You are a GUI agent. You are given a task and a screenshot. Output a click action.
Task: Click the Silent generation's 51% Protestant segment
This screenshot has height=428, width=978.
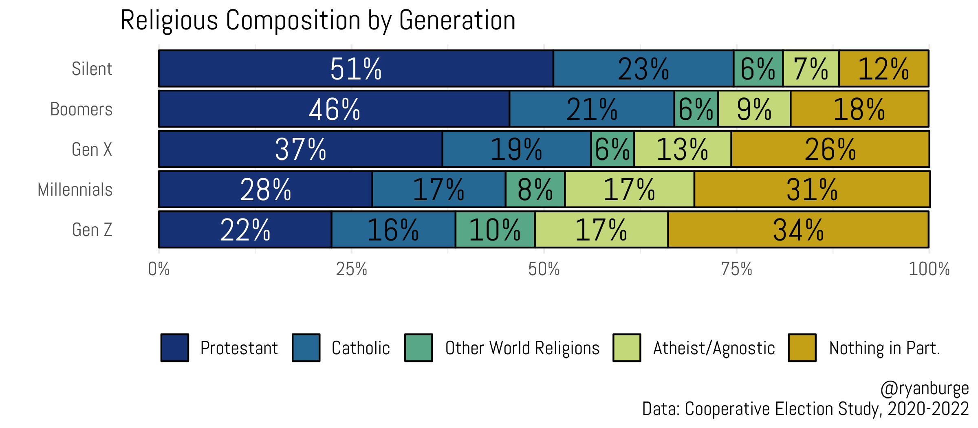[x=356, y=68]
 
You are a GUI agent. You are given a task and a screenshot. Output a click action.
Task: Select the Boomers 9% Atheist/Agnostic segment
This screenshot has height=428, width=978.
[x=754, y=109]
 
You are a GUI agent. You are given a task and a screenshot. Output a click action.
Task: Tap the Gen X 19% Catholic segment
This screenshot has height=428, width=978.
[x=516, y=149]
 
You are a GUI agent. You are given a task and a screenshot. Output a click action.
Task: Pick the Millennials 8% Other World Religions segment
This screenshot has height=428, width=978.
[x=535, y=190]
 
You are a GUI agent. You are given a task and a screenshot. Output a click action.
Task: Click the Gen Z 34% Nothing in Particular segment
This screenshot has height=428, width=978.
[x=798, y=229]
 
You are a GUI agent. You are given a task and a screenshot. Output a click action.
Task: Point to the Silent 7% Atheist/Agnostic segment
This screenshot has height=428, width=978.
[x=811, y=68]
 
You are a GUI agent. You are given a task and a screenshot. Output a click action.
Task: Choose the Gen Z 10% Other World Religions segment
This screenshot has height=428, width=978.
[x=495, y=229]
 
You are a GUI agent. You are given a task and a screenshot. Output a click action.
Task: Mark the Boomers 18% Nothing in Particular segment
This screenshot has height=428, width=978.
[x=859, y=109]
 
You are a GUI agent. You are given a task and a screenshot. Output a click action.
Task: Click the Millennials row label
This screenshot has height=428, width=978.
[x=75, y=190]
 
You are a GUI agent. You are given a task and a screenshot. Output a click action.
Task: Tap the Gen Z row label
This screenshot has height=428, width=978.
[x=92, y=229]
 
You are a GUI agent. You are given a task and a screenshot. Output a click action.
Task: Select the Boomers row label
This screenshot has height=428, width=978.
[x=81, y=109]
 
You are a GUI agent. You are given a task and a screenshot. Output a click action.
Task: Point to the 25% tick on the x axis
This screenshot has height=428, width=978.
[x=351, y=269]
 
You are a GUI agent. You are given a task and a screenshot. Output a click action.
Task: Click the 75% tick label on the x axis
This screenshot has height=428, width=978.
[x=736, y=269]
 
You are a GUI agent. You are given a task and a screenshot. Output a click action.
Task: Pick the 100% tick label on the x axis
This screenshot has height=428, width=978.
[x=929, y=269]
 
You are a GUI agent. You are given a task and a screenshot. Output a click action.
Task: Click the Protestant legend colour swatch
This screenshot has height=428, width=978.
[x=175, y=348]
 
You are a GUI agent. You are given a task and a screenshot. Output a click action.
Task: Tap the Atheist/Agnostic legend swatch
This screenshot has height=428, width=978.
[x=627, y=348]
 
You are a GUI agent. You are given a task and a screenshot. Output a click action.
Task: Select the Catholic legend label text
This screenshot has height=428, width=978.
[x=361, y=348]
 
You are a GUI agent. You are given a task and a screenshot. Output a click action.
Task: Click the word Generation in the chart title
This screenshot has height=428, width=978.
[x=457, y=20]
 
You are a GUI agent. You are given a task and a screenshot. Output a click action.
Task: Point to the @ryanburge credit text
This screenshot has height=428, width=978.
[x=924, y=388]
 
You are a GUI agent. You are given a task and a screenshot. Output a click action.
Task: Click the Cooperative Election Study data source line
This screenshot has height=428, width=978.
[x=805, y=409]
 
